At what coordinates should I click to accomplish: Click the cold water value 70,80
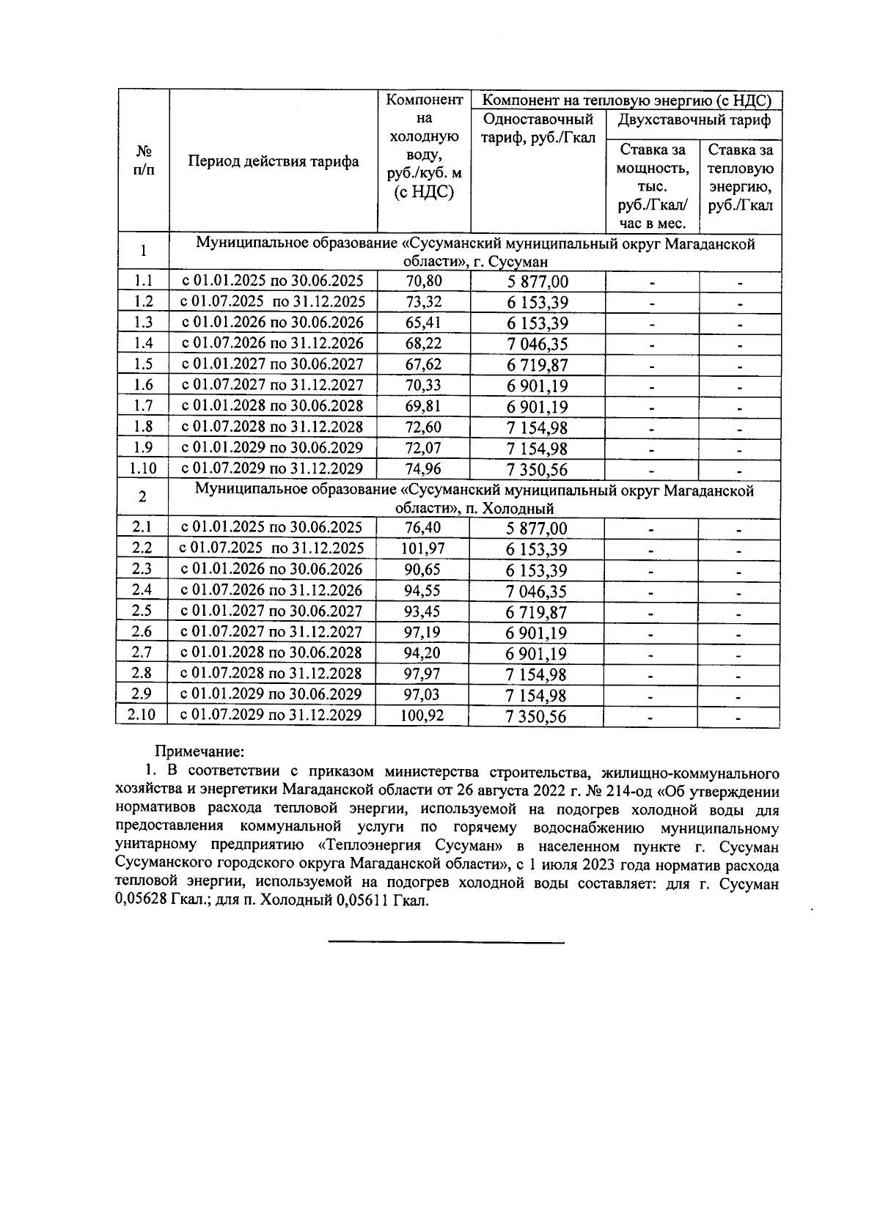coord(423,281)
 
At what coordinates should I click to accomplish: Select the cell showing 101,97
coord(422,548)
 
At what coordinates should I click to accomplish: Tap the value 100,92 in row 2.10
coord(422,715)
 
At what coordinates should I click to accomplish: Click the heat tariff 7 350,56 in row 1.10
coord(537,469)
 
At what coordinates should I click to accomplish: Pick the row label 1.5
coord(143,364)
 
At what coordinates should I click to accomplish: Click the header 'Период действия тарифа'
coord(274,161)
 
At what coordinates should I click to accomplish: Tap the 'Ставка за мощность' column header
coord(653,186)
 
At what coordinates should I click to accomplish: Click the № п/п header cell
coord(143,160)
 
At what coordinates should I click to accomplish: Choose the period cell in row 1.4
coord(273,343)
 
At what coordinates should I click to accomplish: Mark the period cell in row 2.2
coord(273,548)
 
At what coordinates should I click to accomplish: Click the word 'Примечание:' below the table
coord(198,752)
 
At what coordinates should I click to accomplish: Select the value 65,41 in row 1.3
coord(423,323)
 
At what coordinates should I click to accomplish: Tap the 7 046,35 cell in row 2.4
coord(537,591)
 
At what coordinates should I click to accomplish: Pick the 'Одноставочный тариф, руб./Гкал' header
coord(538,128)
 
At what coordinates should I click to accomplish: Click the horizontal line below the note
coord(446,941)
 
